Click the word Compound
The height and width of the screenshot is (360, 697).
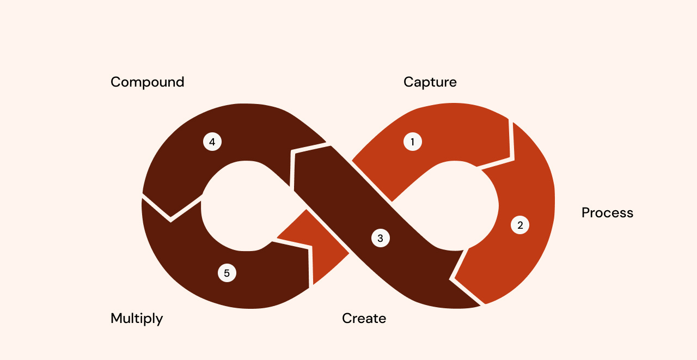click(x=147, y=82)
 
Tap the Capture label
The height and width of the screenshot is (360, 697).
click(x=430, y=82)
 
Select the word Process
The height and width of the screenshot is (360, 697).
click(x=607, y=213)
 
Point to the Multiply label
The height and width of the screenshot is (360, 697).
click(x=137, y=319)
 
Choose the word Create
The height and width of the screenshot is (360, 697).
click(x=364, y=319)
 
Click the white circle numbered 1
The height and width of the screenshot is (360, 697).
click(x=412, y=142)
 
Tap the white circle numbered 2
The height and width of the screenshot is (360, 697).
click(x=520, y=225)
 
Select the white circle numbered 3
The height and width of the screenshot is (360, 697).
click(x=380, y=238)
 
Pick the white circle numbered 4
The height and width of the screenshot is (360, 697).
click(x=212, y=142)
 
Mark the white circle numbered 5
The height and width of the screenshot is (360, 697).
click(x=227, y=273)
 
